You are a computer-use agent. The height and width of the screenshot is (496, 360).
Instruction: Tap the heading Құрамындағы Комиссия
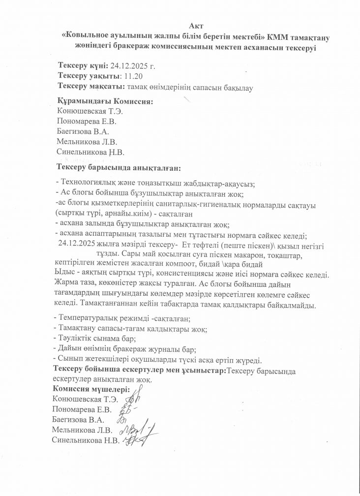105,101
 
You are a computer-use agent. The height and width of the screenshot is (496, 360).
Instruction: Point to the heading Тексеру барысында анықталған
120,169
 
